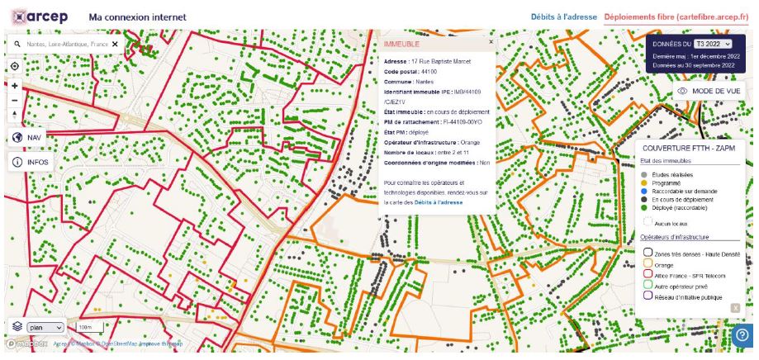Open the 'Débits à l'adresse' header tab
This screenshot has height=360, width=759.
pyautogui.click(x=565, y=17)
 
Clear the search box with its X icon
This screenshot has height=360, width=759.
pyautogui.click(x=116, y=44)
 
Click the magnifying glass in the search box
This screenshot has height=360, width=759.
pyautogui.click(x=17, y=44)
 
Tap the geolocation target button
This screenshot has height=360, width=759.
pyautogui.click(x=15, y=66)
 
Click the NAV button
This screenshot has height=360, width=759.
pyautogui.click(x=26, y=138)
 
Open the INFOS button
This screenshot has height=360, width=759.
pyautogui.click(x=30, y=162)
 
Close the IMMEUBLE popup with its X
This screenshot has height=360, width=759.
pyautogui.click(x=491, y=40)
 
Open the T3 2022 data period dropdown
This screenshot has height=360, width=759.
pyautogui.click(x=714, y=43)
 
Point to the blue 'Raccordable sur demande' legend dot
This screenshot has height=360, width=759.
pyautogui.click(x=643, y=191)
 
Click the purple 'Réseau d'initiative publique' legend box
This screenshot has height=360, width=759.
pyautogui.click(x=648, y=296)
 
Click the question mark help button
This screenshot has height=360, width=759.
pyautogui.click(x=742, y=335)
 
